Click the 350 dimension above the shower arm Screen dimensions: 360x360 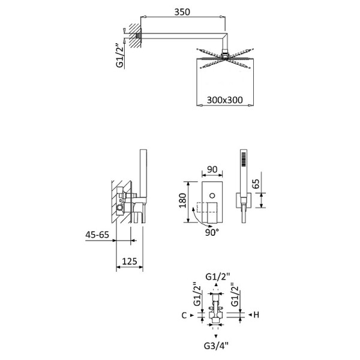[182, 12]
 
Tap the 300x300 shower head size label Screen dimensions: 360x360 [224, 100]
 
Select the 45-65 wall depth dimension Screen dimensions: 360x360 [97, 235]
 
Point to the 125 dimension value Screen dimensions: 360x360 [130, 261]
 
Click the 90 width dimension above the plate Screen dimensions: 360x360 [212, 169]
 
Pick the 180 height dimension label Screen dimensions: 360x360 [183, 200]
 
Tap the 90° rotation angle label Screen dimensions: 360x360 [212, 233]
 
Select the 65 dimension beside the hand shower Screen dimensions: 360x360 [256, 184]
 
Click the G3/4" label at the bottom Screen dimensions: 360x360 [216, 346]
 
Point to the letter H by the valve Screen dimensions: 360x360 [256, 315]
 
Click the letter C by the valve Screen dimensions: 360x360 [184, 316]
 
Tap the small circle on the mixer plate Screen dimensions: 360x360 [212, 196]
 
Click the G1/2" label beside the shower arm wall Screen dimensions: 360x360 [120, 55]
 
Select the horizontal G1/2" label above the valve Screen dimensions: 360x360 [217, 277]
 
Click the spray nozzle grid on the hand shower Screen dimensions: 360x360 [244, 160]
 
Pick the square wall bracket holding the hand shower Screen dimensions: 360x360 [244, 200]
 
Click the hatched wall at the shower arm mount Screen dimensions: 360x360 [134, 35]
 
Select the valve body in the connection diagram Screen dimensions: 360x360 [216, 310]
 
